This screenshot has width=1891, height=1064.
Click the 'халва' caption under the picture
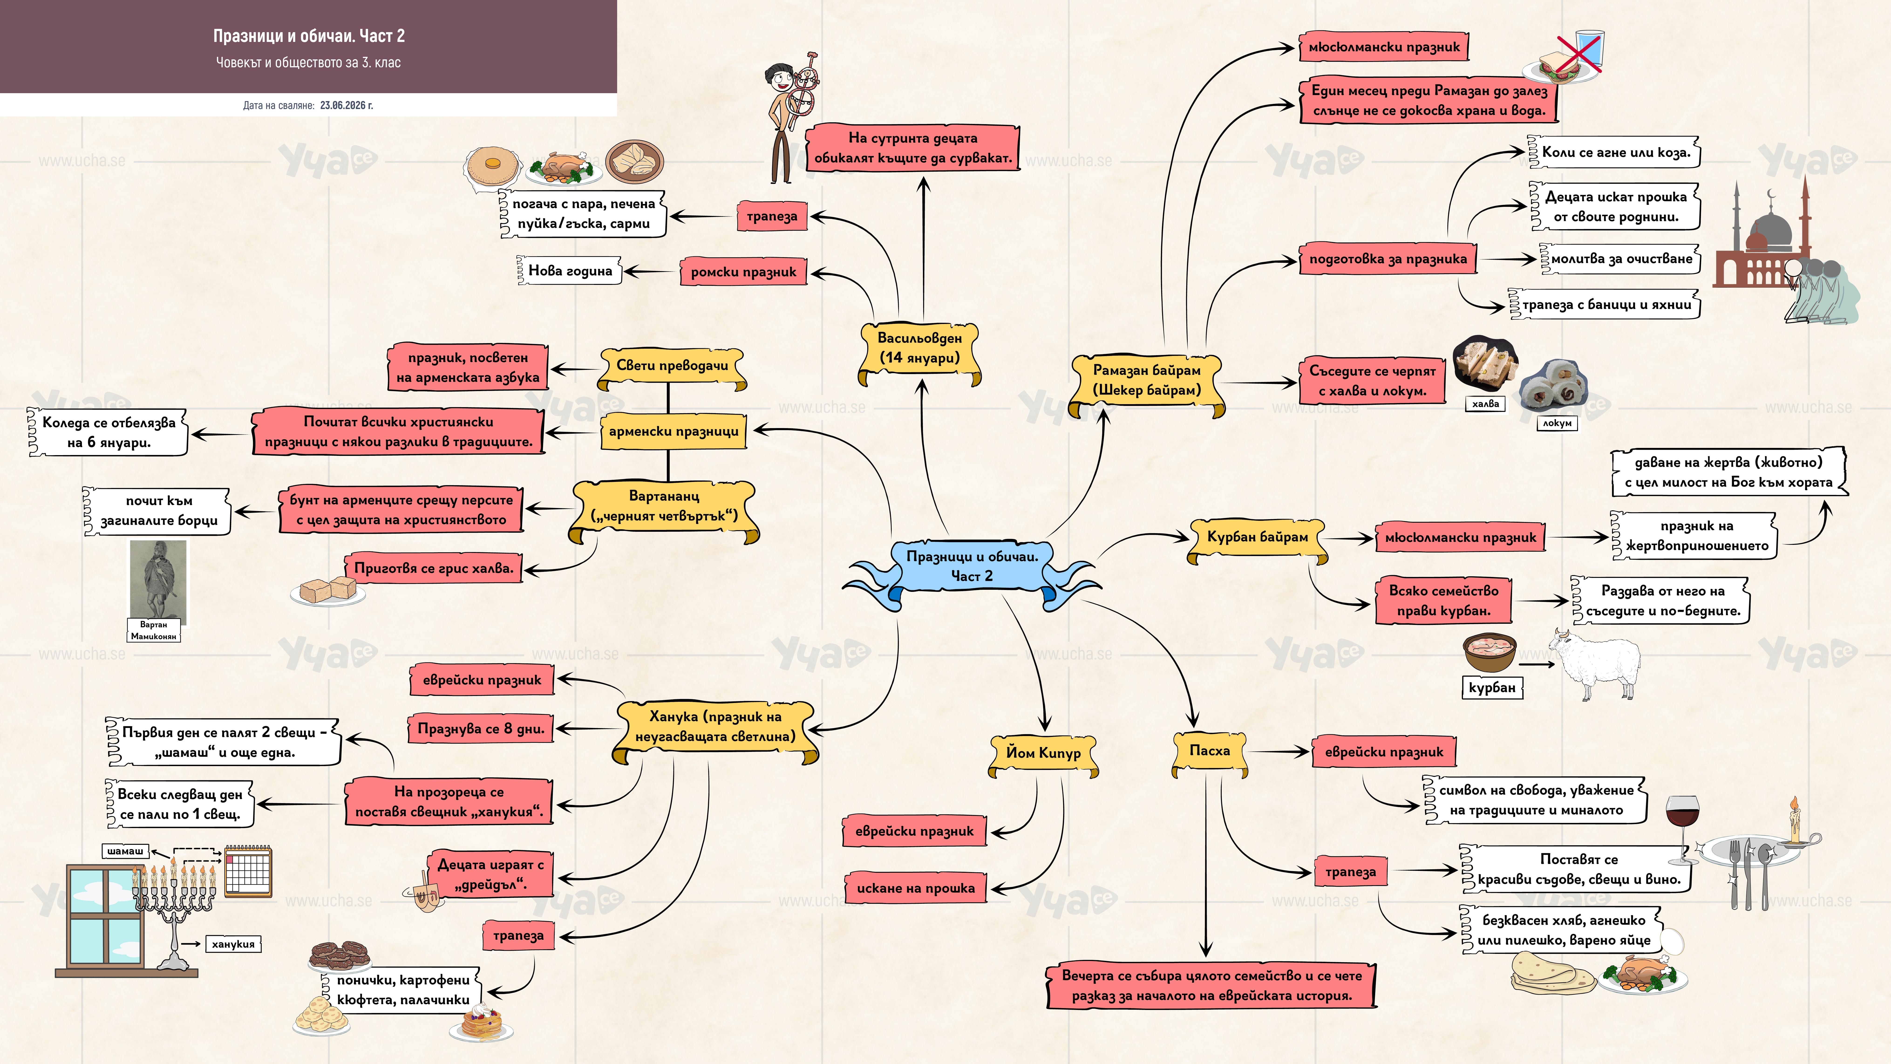coord(1486,404)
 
